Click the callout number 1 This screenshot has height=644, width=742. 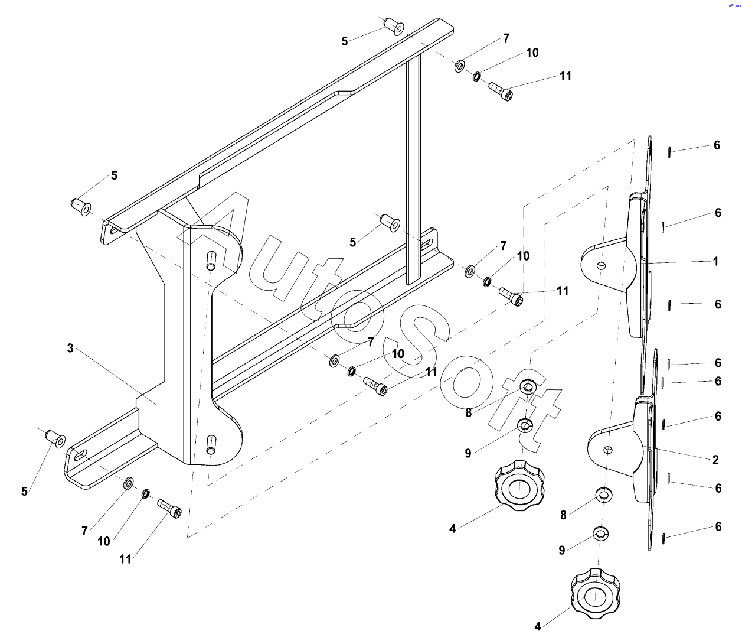pos(715,261)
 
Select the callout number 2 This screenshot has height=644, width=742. pos(715,459)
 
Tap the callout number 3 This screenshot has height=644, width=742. pos(70,348)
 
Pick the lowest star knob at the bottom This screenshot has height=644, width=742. pos(595,594)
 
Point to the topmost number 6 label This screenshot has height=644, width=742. pos(717,145)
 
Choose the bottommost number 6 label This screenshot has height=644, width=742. pos(718,526)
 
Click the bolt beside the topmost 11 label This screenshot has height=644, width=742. pos(501,92)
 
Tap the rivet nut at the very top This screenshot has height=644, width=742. pos(394,26)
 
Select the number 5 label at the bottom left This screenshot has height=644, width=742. pos(25,491)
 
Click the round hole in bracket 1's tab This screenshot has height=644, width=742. pos(601,265)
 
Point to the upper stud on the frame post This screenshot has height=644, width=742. pos(211,261)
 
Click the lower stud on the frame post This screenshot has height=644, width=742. pos(211,444)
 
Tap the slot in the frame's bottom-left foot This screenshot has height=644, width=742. pos(81,454)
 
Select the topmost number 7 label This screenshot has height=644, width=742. pos(506,38)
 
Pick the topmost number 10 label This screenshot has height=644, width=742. pos(532,53)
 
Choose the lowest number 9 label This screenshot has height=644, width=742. pos(562,550)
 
